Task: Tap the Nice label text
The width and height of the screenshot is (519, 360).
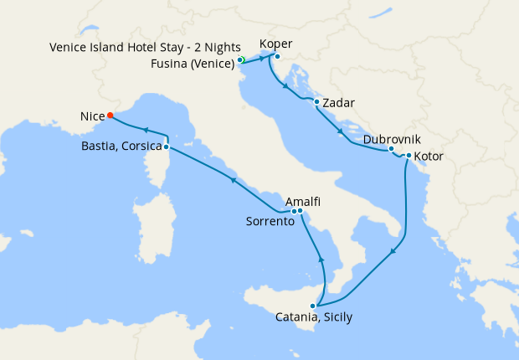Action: [x=93, y=116]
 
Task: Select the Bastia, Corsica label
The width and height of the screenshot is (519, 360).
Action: [x=121, y=147]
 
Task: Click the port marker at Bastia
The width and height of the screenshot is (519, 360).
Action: [x=167, y=147]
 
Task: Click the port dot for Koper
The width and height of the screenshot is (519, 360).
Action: [x=277, y=57]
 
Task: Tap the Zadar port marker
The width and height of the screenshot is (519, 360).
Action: [x=316, y=102]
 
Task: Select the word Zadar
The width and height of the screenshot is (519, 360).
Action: [x=338, y=103]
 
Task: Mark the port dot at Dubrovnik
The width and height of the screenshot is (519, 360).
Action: [x=391, y=149]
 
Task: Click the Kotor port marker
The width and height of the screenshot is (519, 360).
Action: [x=408, y=156]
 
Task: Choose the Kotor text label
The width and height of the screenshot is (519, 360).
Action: [x=429, y=156]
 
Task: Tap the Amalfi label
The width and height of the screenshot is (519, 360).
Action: [x=303, y=203]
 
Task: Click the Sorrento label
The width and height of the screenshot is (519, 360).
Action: [x=270, y=222]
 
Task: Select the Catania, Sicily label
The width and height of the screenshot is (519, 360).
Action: [x=313, y=317]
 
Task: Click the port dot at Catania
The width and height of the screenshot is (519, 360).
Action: [x=313, y=306]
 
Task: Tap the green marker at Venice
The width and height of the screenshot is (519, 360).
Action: [x=240, y=60]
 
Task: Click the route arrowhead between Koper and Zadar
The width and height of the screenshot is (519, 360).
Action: [x=286, y=86]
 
